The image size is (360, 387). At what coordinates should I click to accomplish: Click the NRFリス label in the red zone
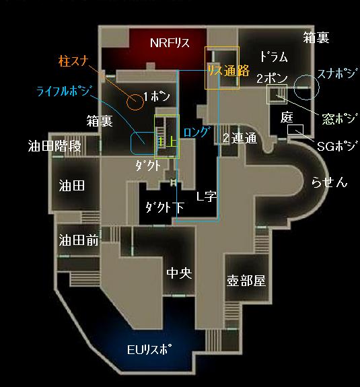click(x=170, y=42)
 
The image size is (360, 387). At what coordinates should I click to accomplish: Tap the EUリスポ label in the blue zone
click(x=149, y=349)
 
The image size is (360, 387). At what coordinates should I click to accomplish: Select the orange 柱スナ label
click(x=73, y=61)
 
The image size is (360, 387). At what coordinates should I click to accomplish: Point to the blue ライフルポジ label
click(x=63, y=91)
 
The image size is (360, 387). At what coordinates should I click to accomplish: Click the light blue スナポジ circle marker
click(x=306, y=75)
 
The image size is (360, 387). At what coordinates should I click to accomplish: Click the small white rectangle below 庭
click(x=295, y=130)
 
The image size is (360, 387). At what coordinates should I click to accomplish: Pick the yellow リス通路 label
click(x=228, y=71)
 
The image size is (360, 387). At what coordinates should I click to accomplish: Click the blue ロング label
click(x=197, y=132)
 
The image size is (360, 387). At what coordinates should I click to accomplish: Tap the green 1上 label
click(x=167, y=142)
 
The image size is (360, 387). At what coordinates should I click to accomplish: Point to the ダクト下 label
click(x=165, y=207)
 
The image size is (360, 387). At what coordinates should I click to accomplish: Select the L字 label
click(x=207, y=197)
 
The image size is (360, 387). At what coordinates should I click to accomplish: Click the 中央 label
click(x=179, y=273)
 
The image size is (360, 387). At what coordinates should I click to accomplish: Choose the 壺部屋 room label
click(x=246, y=281)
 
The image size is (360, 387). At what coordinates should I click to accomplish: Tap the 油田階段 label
click(x=55, y=146)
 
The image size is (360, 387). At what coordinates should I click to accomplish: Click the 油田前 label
click(x=79, y=240)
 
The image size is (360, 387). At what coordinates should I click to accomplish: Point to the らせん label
click(x=329, y=182)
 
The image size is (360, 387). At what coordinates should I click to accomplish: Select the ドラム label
click(x=274, y=57)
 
